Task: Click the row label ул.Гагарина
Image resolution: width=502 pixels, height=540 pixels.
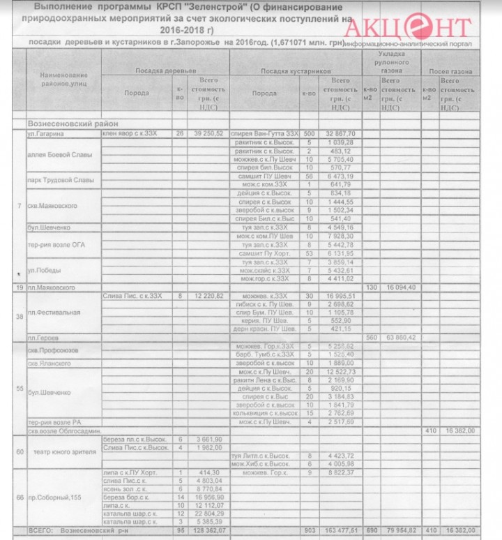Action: pos(41,133)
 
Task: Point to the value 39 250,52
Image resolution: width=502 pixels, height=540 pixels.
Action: pos(208,133)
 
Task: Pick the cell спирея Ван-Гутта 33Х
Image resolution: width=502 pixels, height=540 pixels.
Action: pos(266,133)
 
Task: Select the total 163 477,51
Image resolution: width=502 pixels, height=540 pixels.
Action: pos(340,530)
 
